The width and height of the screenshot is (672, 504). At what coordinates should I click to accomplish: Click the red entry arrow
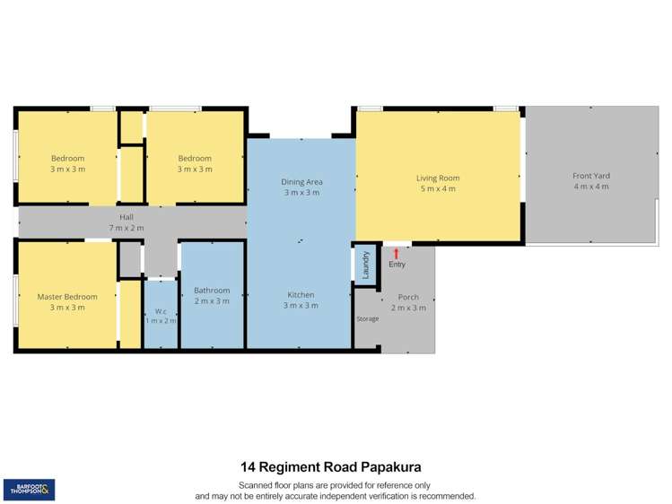tap(397, 254)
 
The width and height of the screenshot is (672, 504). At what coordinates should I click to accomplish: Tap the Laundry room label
tap(365, 265)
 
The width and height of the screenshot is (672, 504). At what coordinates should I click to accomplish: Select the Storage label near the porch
tap(367, 318)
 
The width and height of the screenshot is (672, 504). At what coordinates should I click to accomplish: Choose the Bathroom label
tap(212, 290)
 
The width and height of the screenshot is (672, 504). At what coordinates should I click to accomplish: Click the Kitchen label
tap(301, 295)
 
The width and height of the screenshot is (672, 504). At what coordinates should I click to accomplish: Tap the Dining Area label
tap(302, 181)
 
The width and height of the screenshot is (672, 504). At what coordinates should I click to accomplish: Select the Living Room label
tap(437, 178)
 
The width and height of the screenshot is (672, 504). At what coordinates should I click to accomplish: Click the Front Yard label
tap(590, 176)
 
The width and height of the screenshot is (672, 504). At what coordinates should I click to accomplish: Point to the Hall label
tap(127, 217)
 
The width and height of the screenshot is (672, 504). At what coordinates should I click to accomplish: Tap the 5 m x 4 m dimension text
tap(437, 189)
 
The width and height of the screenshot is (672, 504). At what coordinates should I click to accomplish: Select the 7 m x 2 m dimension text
tap(127, 228)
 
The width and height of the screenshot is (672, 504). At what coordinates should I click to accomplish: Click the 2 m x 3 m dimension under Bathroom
tap(212, 301)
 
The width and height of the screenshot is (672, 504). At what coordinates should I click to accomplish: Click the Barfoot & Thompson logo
tap(30, 489)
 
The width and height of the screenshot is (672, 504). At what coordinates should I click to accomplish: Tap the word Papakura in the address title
tap(387, 467)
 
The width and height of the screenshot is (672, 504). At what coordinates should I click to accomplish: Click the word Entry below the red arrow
tap(397, 265)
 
